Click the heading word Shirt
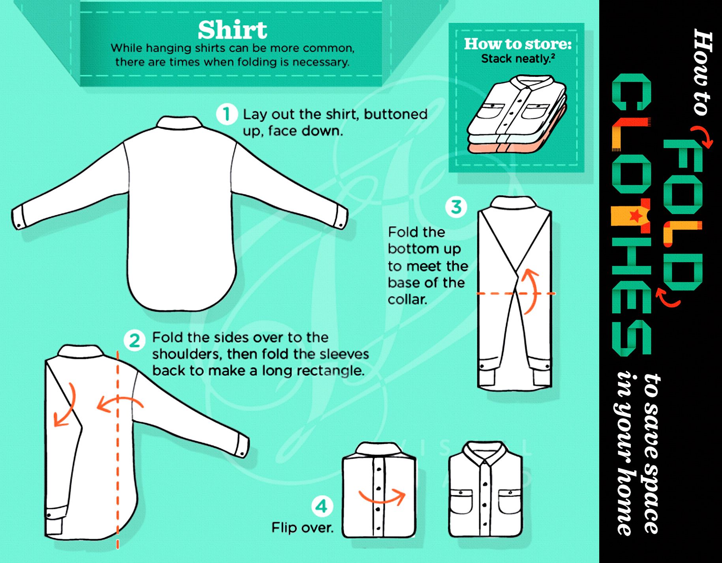(232, 30)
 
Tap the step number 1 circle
(227, 114)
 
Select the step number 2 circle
(135, 341)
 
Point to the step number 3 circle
(456, 207)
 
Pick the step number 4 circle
(322, 506)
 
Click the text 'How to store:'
(518, 44)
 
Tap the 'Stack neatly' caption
(518, 59)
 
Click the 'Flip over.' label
(302, 527)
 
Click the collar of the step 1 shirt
(179, 122)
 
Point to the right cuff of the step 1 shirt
(341, 217)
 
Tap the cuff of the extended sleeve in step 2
(243, 446)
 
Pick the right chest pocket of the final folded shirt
(510, 502)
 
